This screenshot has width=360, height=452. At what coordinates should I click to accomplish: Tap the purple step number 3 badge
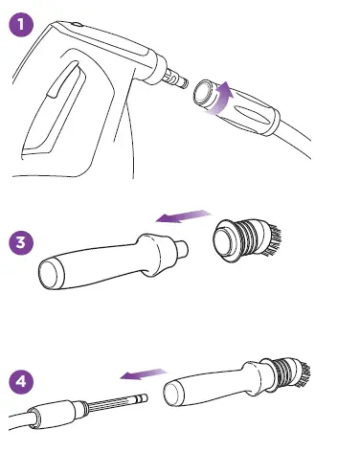[x=22, y=242]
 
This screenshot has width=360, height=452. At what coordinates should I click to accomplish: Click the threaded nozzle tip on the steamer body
[x=175, y=76]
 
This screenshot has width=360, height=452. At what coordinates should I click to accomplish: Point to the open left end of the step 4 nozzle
[x=171, y=394]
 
